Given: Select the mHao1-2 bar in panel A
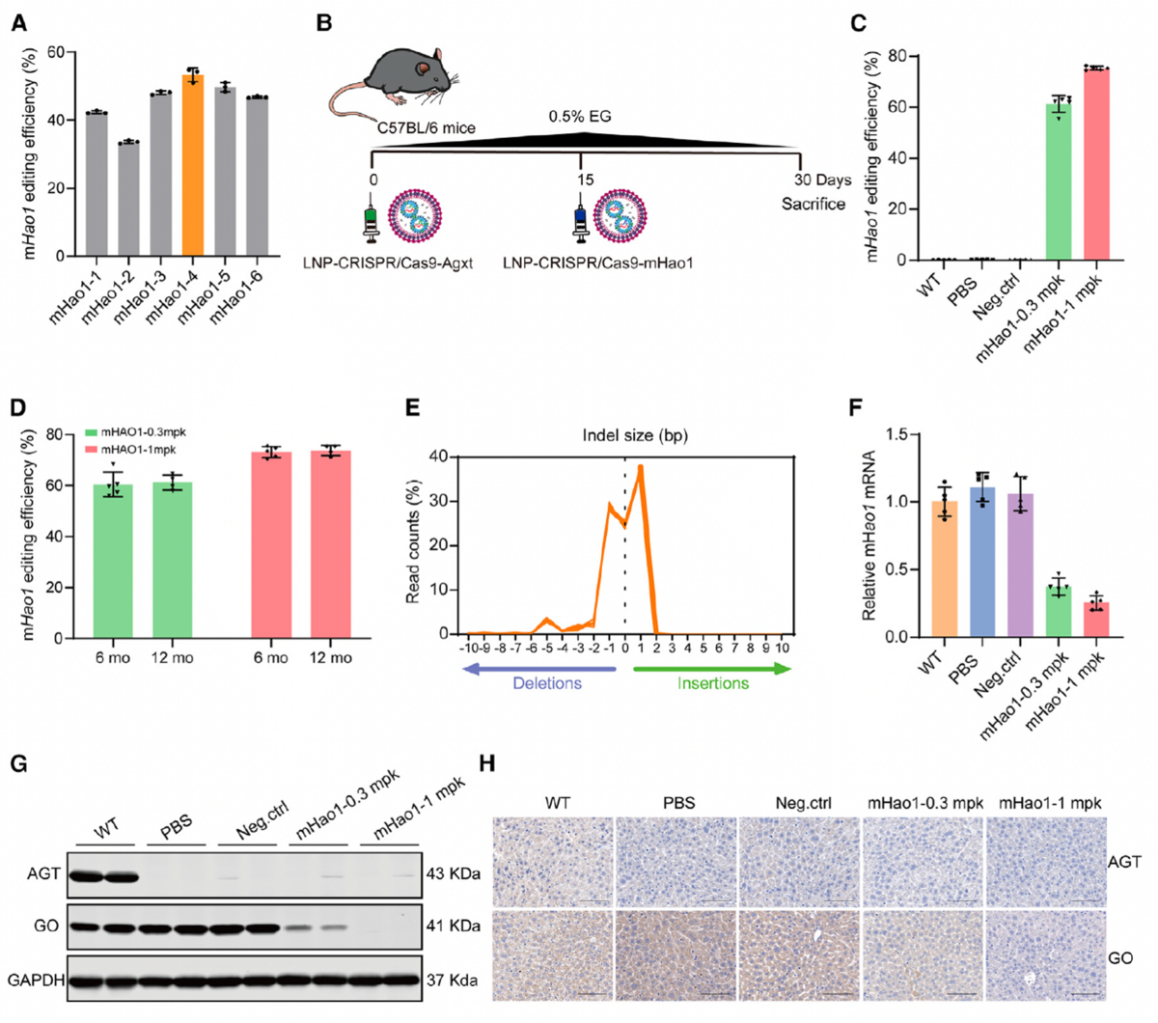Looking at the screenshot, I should point(128,199).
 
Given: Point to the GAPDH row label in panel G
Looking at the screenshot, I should point(36,980).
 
